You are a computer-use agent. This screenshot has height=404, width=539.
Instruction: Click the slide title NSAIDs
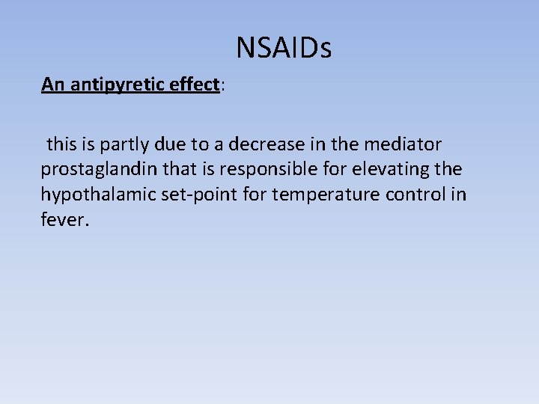(284, 49)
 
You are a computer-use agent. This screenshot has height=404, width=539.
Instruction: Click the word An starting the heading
(52, 85)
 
